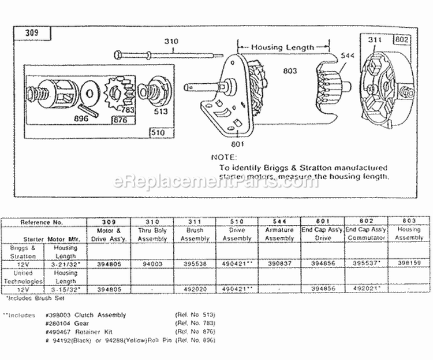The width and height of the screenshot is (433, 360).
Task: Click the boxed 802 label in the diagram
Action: pyautogui.click(x=401, y=40)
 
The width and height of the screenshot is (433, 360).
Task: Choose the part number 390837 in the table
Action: pyautogui.click(x=279, y=262)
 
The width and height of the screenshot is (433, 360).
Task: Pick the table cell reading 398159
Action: pyautogui.click(x=410, y=262)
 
